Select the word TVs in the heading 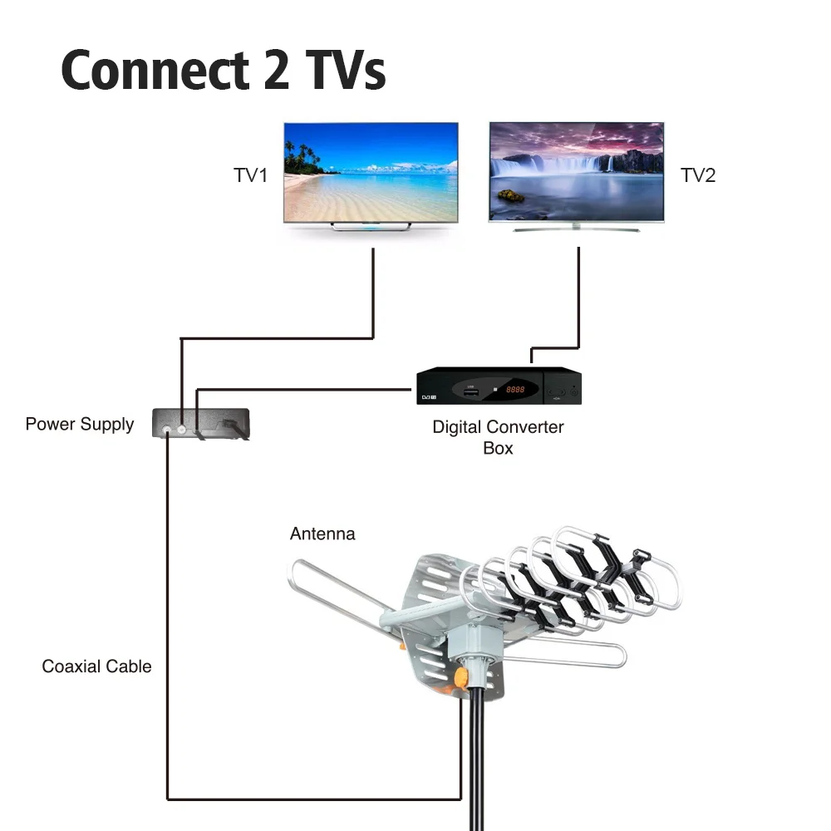click(x=343, y=71)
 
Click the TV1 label click(x=250, y=175)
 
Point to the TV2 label click(x=698, y=175)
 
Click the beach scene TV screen click(x=371, y=172)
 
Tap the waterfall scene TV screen click(x=576, y=172)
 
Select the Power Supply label click(x=80, y=425)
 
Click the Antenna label click(x=322, y=534)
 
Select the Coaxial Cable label click(x=97, y=666)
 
